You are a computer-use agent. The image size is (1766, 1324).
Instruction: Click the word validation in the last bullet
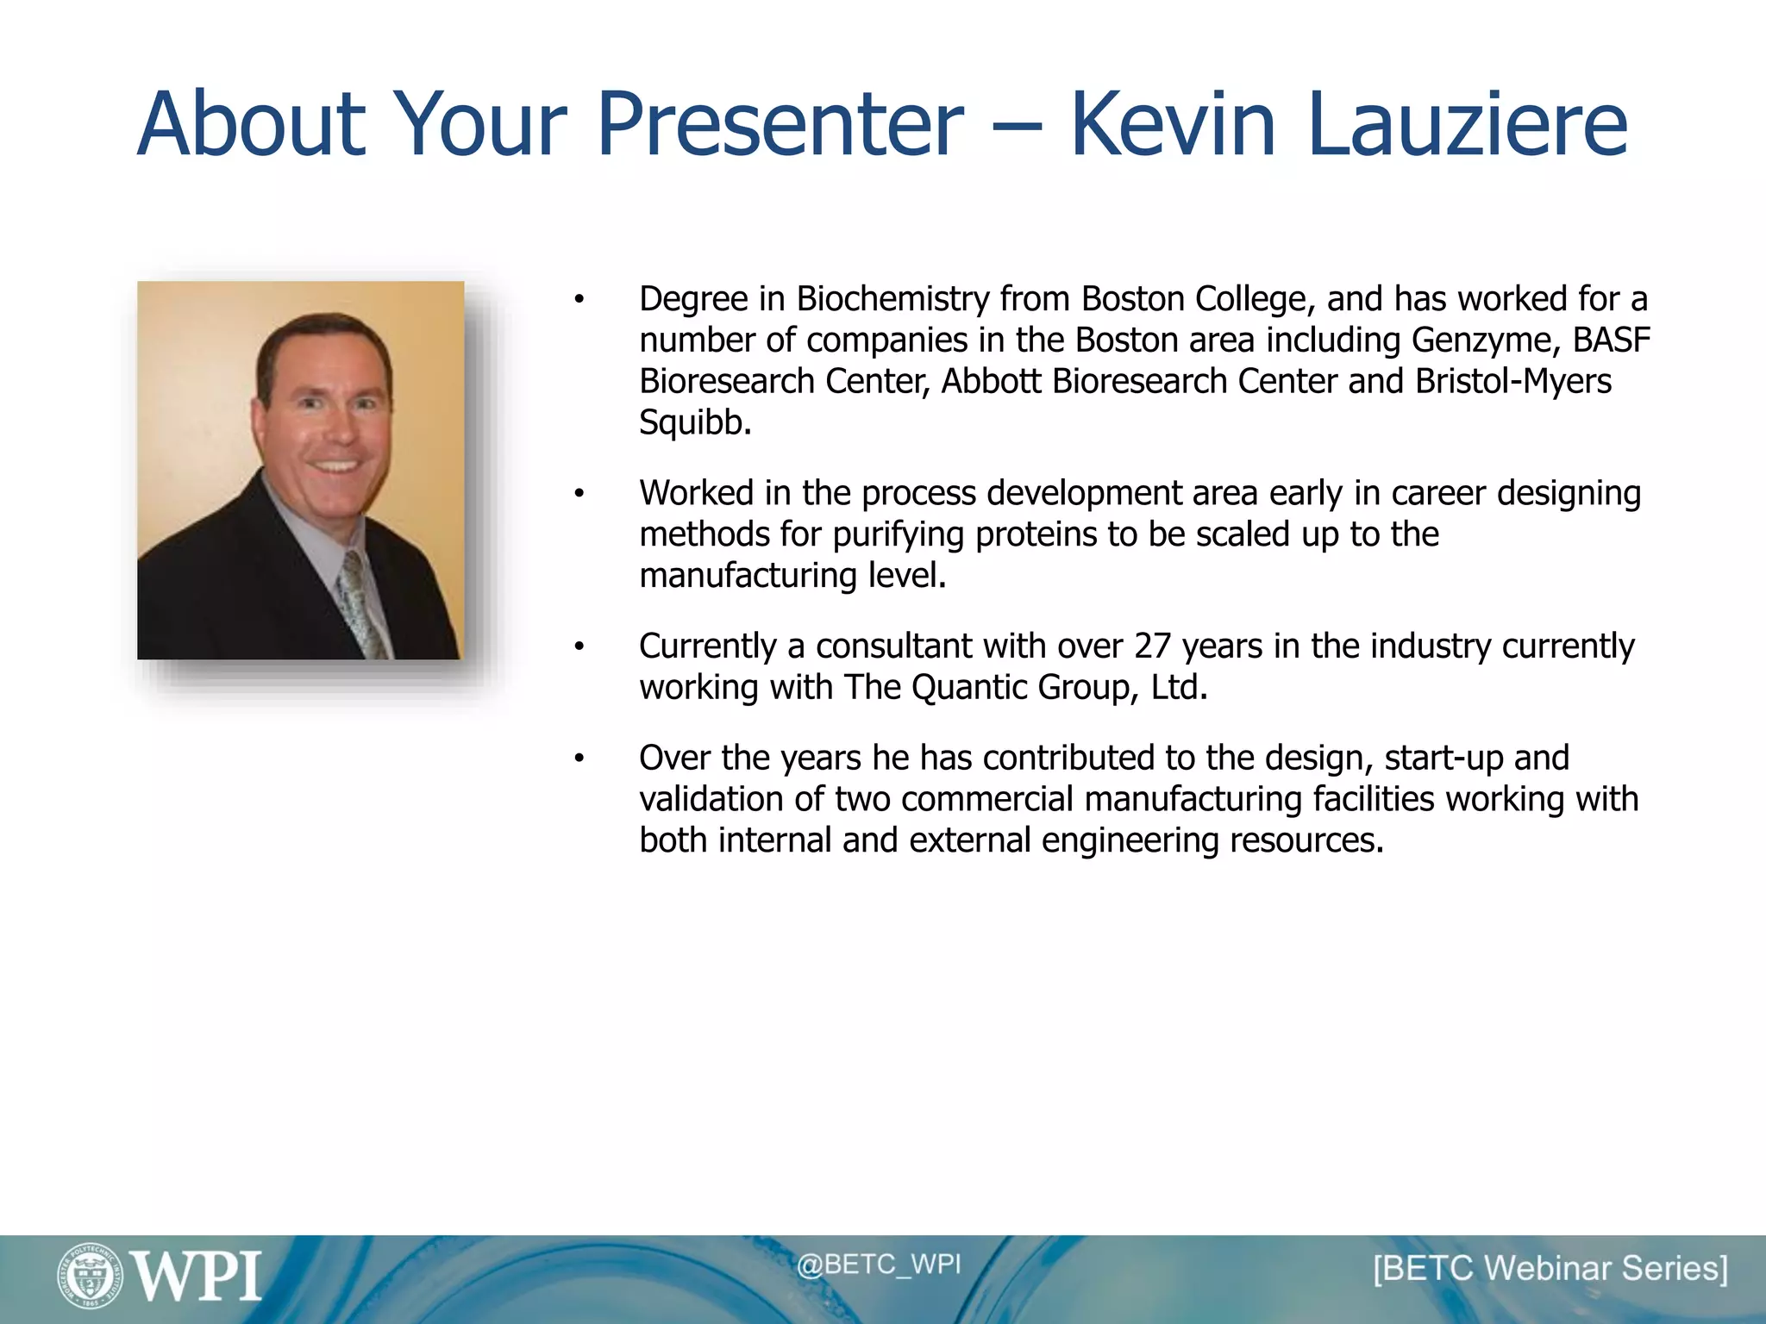pyautogui.click(x=711, y=799)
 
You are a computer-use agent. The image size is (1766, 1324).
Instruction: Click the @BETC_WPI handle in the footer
pyautogui.click(x=878, y=1265)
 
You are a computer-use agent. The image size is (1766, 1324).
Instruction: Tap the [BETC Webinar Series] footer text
pyautogui.click(x=1550, y=1269)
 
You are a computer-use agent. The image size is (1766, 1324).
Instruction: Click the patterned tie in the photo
pyautogui.click(x=362, y=603)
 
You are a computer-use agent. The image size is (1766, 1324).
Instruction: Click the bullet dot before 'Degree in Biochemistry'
pyautogui.click(x=579, y=300)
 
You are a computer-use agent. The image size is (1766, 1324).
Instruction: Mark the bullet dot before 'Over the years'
pyautogui.click(x=579, y=759)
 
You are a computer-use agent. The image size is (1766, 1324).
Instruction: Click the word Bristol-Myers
pyautogui.click(x=1512, y=381)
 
